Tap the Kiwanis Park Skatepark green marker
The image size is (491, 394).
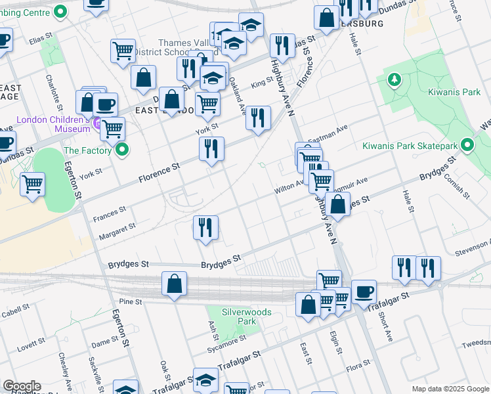[467, 144]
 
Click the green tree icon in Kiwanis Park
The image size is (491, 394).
[394, 80]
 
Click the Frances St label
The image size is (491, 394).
[109, 213]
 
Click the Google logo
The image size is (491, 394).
[22, 387]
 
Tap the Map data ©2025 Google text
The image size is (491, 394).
[450, 388]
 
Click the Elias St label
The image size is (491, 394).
[40, 38]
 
